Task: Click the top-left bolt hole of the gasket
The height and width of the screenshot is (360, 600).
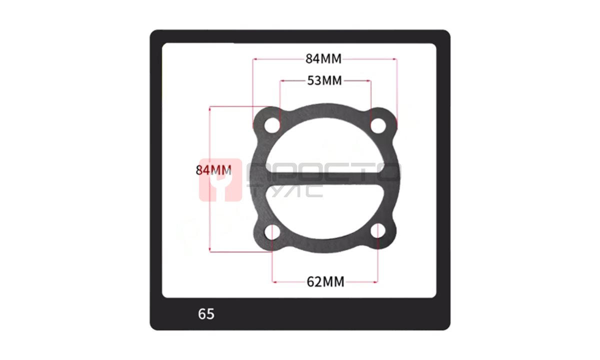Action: (x=272, y=125)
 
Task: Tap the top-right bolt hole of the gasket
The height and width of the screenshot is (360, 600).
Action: (x=378, y=125)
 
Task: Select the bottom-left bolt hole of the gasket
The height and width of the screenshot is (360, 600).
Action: (x=272, y=231)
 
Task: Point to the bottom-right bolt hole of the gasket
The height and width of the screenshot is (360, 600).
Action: (x=378, y=231)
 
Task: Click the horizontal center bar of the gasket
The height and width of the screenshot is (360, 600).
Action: (x=324, y=178)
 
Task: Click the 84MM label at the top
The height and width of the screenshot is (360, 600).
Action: (x=323, y=59)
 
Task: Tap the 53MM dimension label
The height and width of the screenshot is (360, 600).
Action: (x=324, y=80)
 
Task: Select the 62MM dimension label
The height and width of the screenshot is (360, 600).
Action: (x=325, y=282)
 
